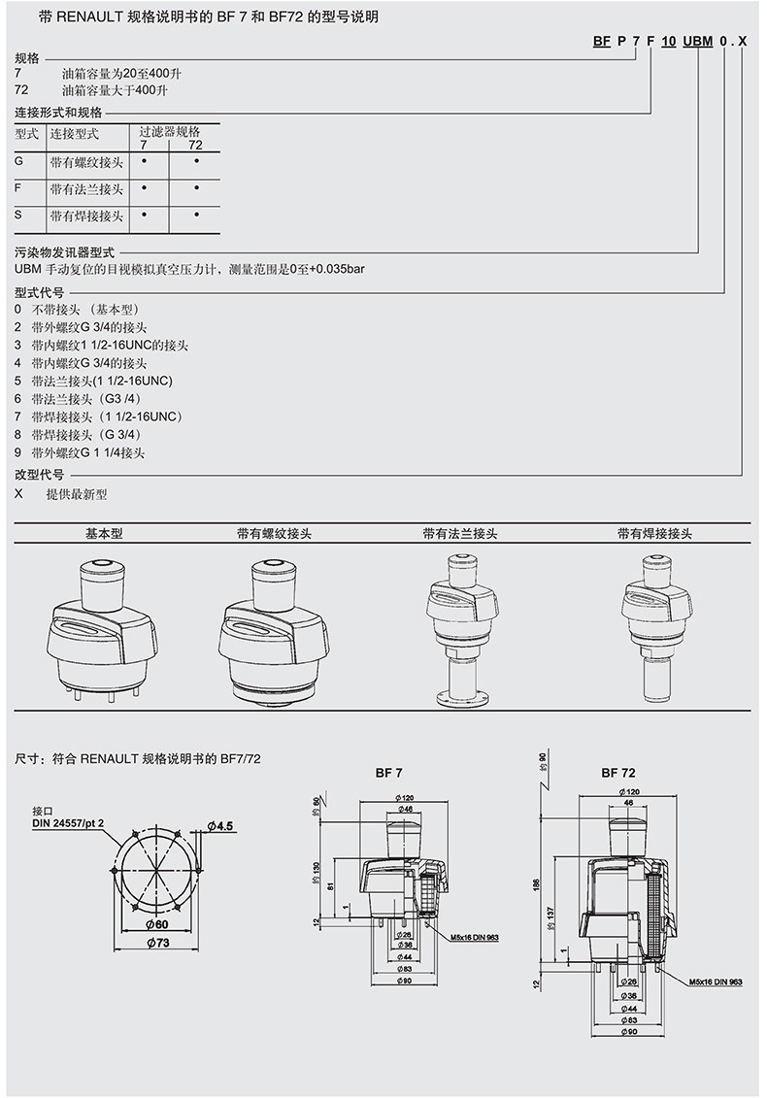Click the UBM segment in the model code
point(697,41)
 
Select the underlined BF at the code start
point(602,41)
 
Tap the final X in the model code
point(743,41)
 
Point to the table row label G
point(19,160)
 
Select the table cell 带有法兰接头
point(87,188)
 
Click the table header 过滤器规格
point(169,131)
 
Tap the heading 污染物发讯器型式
point(65,251)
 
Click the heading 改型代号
point(39,475)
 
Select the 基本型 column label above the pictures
point(105,534)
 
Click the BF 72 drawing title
point(617,773)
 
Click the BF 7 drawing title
point(388,773)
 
